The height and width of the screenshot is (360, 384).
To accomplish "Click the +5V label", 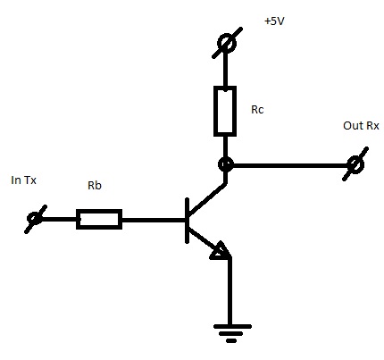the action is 274,21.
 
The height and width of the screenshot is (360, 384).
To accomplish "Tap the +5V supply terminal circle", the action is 227,43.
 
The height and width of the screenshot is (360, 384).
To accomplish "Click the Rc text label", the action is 257,110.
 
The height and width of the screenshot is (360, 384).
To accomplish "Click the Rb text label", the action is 95,185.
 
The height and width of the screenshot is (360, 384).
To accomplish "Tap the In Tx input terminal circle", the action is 35,219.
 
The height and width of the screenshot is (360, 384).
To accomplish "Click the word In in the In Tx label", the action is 15,180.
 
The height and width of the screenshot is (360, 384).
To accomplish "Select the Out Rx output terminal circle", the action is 355,164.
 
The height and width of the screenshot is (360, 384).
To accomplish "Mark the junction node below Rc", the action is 226,164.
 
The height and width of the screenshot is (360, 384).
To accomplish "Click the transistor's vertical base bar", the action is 187,221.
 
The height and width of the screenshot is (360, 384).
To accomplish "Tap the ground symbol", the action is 232,333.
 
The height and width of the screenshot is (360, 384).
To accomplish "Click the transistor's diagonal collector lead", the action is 207,199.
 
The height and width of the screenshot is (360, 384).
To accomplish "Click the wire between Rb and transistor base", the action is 154,221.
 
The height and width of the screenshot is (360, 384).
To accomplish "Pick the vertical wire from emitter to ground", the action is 230,291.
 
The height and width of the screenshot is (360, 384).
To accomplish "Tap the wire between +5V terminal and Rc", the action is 225,70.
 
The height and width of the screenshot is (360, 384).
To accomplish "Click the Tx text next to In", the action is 29,180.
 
